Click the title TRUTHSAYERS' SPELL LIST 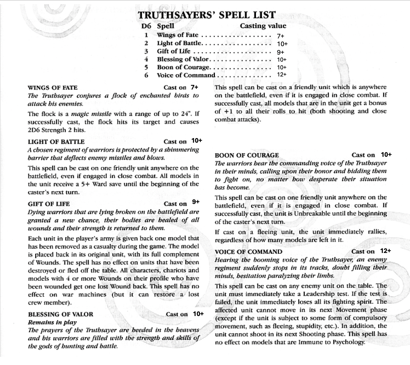tap(206, 15)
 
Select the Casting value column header tap(263, 26)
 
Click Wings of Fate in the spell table tap(178, 35)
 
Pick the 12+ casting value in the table tap(282, 75)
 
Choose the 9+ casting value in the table tap(280, 52)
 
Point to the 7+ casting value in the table tap(280, 36)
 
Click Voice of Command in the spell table tap(186, 75)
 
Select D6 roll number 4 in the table tap(146, 59)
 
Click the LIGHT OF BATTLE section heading tap(56, 142)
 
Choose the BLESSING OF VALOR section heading tap(60, 314)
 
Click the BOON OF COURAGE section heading tap(246, 155)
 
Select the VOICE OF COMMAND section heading tap(248, 252)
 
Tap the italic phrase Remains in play tap(52, 322)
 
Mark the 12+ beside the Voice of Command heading tap(386, 251)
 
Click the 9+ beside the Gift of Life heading tap(196, 202)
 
